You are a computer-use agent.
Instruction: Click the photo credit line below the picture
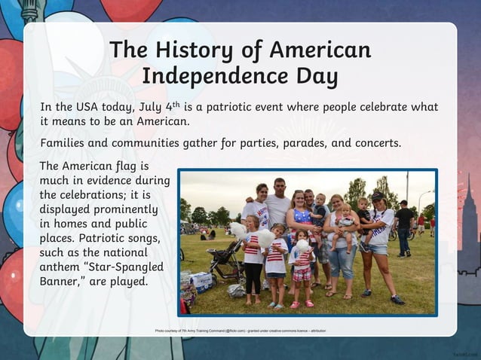point(240,331)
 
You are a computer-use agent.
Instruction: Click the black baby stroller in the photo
point(224,260)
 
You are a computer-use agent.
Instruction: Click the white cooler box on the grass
point(201,281)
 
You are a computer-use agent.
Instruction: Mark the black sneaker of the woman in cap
point(397,300)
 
